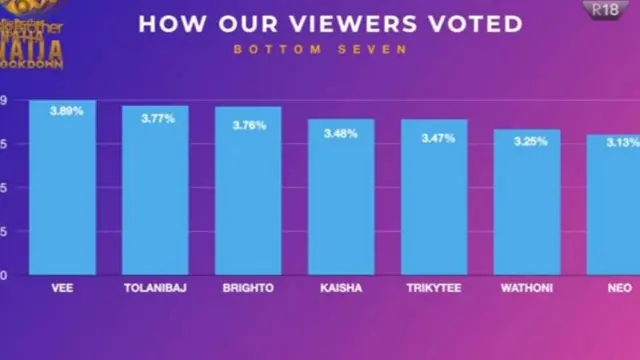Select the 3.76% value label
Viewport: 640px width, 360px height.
250,125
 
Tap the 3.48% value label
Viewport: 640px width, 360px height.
341,133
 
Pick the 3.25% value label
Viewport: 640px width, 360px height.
530,142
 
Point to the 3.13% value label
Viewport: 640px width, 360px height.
621,142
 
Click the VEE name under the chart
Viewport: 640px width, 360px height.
62,288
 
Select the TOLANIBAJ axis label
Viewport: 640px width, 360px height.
155,288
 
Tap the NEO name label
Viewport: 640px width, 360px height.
620,288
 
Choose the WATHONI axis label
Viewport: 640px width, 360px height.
526,288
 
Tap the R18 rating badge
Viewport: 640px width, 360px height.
604,9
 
